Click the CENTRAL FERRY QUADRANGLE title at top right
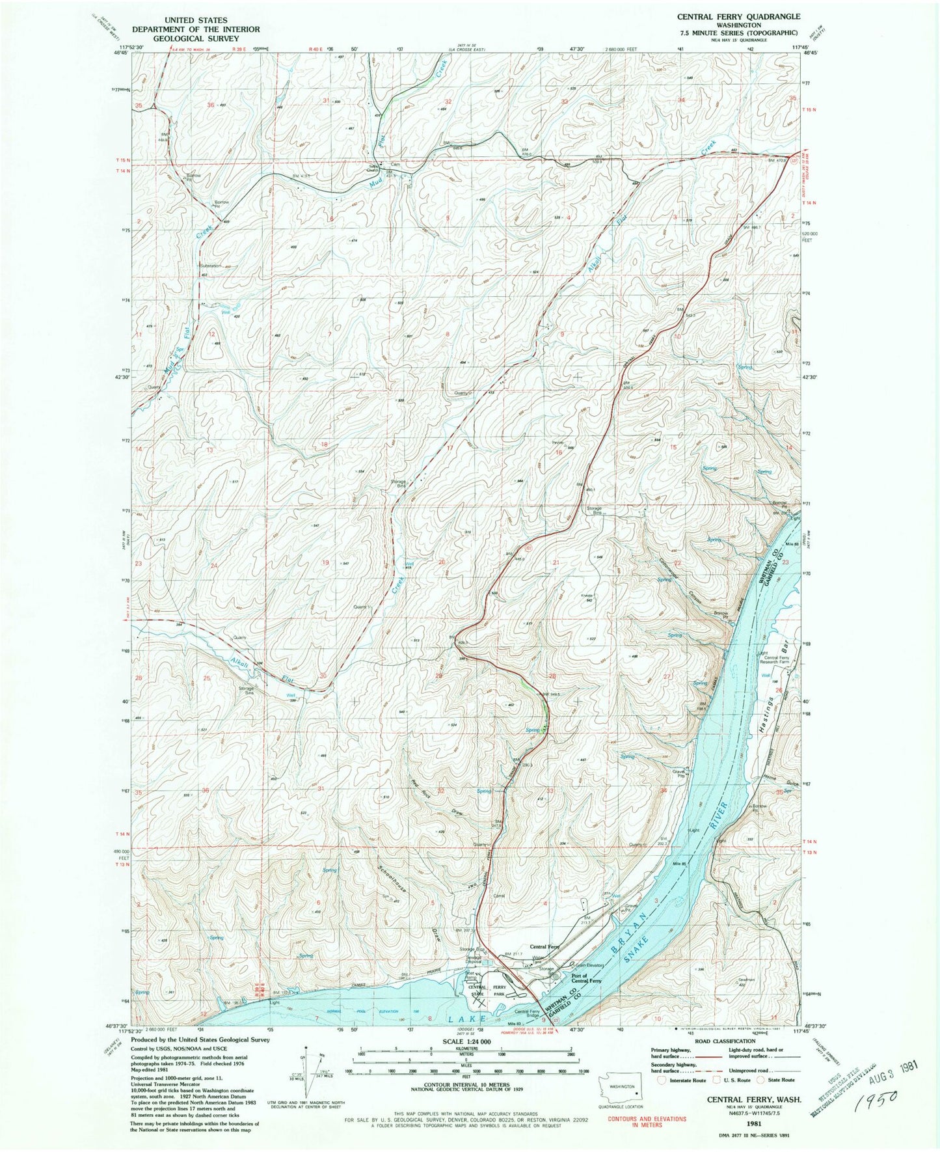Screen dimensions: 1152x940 [738, 16]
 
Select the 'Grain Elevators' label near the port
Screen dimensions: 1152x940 [589, 965]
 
